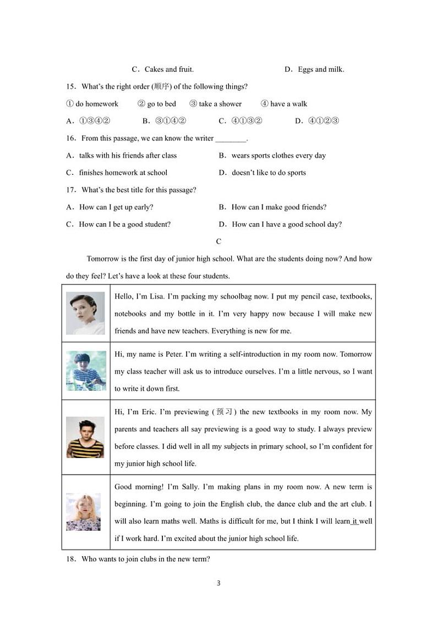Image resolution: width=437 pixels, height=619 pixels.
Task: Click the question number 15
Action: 70,87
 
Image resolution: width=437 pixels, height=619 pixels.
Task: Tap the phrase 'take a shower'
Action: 216,104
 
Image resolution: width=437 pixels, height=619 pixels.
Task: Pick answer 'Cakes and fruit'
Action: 168,69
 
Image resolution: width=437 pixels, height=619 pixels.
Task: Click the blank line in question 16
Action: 231,139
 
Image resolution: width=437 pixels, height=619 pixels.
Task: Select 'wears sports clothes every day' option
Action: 278,156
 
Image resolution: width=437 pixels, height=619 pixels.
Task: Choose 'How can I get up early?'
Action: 116,207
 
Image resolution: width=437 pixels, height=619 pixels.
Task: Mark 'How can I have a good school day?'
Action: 286,224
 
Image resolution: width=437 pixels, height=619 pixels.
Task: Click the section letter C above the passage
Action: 218,241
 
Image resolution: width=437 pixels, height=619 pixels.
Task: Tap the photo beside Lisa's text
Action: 85,313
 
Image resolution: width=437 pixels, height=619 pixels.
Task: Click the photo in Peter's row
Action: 85,371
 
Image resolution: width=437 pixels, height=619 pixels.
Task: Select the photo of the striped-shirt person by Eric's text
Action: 85,437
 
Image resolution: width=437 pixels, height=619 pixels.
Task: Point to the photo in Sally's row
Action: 84,512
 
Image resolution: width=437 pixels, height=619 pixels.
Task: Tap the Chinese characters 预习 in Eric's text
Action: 224,412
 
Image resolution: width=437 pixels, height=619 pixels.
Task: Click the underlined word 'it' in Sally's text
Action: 355,521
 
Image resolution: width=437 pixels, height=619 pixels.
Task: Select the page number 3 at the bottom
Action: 218,583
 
